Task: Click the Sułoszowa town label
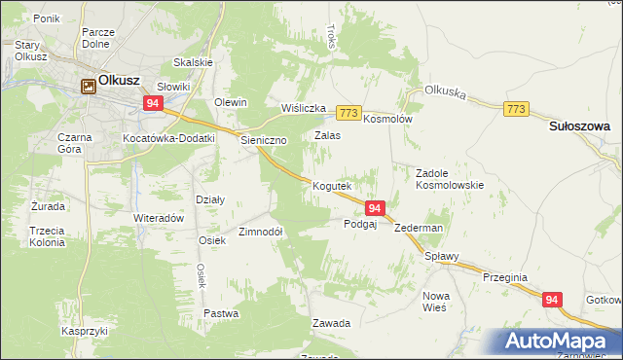(579, 126)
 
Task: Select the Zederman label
(420, 228)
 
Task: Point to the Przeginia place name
(504, 277)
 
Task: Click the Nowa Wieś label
(434, 301)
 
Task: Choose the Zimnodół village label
(261, 233)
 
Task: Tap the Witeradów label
(159, 219)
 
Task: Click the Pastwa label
(221, 313)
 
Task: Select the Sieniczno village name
(264, 140)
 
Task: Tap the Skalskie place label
(193, 62)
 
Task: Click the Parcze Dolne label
(98, 38)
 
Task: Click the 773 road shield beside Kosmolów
(350, 113)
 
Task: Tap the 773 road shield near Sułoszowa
(517, 109)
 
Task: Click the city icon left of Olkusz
(88, 86)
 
